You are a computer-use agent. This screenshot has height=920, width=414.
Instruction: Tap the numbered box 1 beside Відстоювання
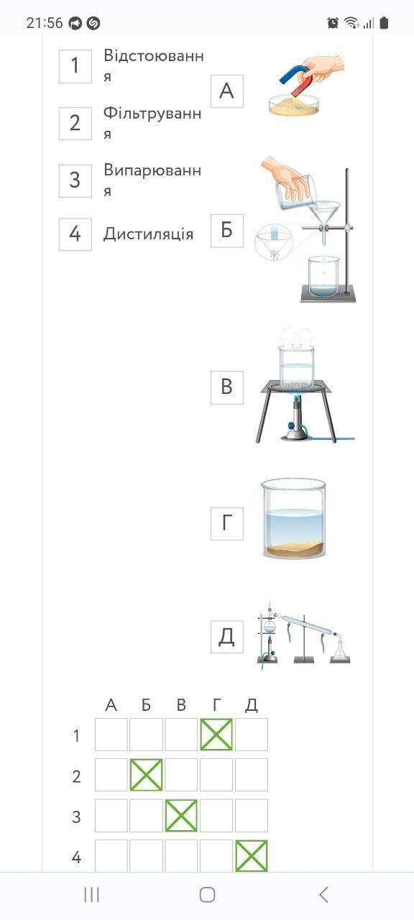pos(75,66)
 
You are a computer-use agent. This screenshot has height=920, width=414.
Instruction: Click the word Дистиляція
pos(148,234)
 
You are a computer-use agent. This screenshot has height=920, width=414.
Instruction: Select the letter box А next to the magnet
pos(227,91)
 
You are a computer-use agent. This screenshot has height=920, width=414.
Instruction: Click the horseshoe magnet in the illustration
pos(300,80)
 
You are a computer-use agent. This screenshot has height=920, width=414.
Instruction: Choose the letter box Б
pos(227,231)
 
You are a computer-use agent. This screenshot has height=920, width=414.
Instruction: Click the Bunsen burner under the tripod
pos(295,418)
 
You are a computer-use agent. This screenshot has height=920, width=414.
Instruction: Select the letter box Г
pos(227,524)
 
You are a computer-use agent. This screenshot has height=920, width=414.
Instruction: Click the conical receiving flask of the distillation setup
pos(340,650)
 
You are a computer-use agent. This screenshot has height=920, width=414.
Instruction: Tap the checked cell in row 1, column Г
pos(216,735)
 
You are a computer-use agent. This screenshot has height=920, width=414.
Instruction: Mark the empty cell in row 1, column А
pos(111,735)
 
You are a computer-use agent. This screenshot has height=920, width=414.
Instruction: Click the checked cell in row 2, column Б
pos(146,775)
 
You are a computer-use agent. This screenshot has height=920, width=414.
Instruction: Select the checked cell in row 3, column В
pos(181,815)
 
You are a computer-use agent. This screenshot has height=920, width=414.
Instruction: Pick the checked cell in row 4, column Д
pos(252,855)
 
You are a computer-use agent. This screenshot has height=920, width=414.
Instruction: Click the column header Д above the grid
pos(252,705)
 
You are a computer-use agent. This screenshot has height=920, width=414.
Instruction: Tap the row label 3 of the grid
pos(76,817)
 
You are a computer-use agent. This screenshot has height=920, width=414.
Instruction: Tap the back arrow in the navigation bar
pos(323,894)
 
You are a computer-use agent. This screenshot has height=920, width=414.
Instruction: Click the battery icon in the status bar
pos(384,23)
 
